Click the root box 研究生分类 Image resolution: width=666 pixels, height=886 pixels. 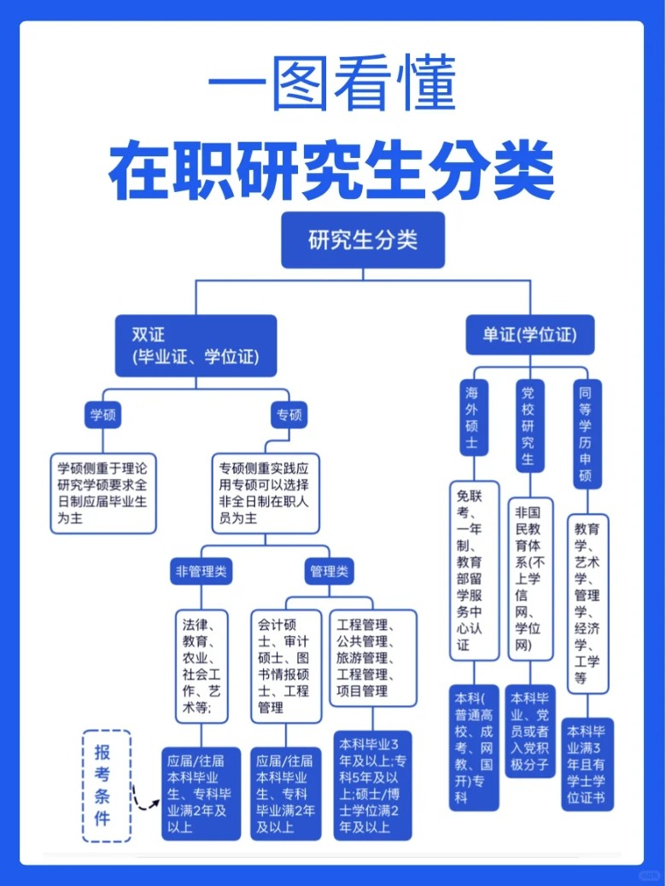click(x=363, y=240)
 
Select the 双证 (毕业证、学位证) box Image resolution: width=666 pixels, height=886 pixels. click(x=196, y=346)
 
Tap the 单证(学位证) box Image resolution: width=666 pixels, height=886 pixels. click(x=529, y=335)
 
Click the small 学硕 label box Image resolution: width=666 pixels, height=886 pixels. click(x=103, y=415)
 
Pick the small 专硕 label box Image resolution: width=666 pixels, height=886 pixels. click(x=289, y=415)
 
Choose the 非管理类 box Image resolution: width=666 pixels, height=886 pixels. click(x=202, y=571)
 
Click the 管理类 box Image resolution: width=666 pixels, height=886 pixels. click(x=329, y=571)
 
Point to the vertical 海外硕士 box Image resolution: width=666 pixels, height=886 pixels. click(x=472, y=418)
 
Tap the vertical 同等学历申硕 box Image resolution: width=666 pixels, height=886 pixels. click(x=587, y=434)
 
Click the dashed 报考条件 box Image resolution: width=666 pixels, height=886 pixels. click(x=106, y=786)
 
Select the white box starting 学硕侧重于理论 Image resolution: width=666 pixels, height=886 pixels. click(x=103, y=493)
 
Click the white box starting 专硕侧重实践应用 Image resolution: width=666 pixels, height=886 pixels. click(x=266, y=493)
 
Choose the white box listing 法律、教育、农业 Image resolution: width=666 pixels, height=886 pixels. click(x=202, y=666)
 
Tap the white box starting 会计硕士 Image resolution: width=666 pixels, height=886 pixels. click(x=286, y=666)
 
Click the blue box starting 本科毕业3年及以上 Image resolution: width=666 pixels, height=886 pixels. click(x=372, y=785)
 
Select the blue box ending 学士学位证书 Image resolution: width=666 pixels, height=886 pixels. click(x=587, y=765)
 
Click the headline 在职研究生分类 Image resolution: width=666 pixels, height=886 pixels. click(x=332, y=170)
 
